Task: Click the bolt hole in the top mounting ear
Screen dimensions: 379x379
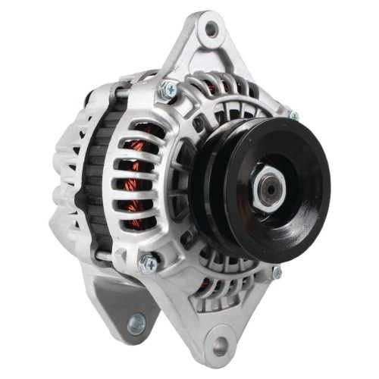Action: [211, 30]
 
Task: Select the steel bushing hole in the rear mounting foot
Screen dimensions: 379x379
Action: [137, 324]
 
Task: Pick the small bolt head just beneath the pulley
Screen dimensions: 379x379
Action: [277, 271]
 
